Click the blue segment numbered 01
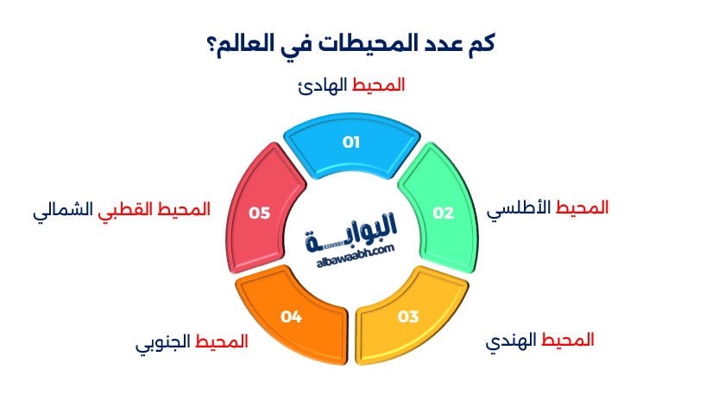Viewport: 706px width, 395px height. [x=351, y=156]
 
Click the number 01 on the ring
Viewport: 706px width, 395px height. [x=350, y=142]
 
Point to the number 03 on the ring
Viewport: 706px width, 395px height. [x=408, y=315]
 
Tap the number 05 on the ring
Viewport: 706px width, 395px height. [x=260, y=212]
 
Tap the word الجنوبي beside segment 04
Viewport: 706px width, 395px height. [x=163, y=342]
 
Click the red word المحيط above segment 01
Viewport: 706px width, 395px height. [x=379, y=85]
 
